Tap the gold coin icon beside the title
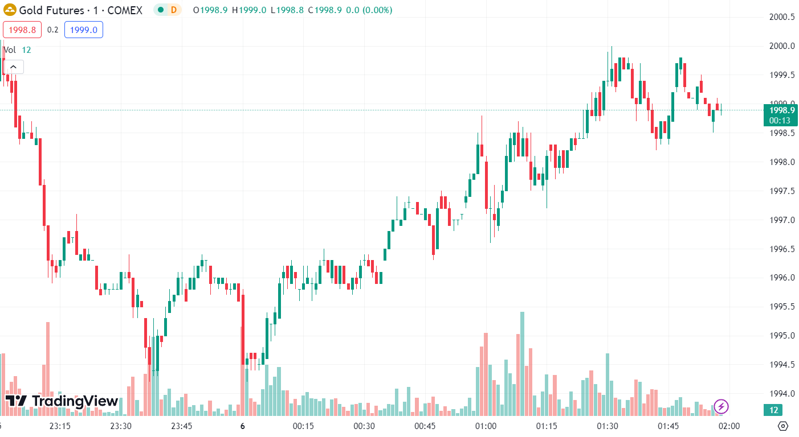(10, 10)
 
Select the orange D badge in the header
(173, 10)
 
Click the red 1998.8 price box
(22, 30)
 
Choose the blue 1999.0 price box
(84, 30)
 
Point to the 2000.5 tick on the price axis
(782, 17)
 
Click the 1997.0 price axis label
(782, 220)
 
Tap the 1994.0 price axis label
(782, 393)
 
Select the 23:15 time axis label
(60, 426)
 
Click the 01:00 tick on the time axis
(486, 426)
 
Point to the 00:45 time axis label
(425, 426)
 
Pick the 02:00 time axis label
(729, 426)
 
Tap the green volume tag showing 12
(773, 410)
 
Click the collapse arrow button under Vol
(13, 67)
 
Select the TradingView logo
(62, 401)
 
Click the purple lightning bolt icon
(721, 406)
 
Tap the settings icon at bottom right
(782, 426)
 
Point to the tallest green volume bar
(522, 364)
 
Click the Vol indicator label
(10, 50)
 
